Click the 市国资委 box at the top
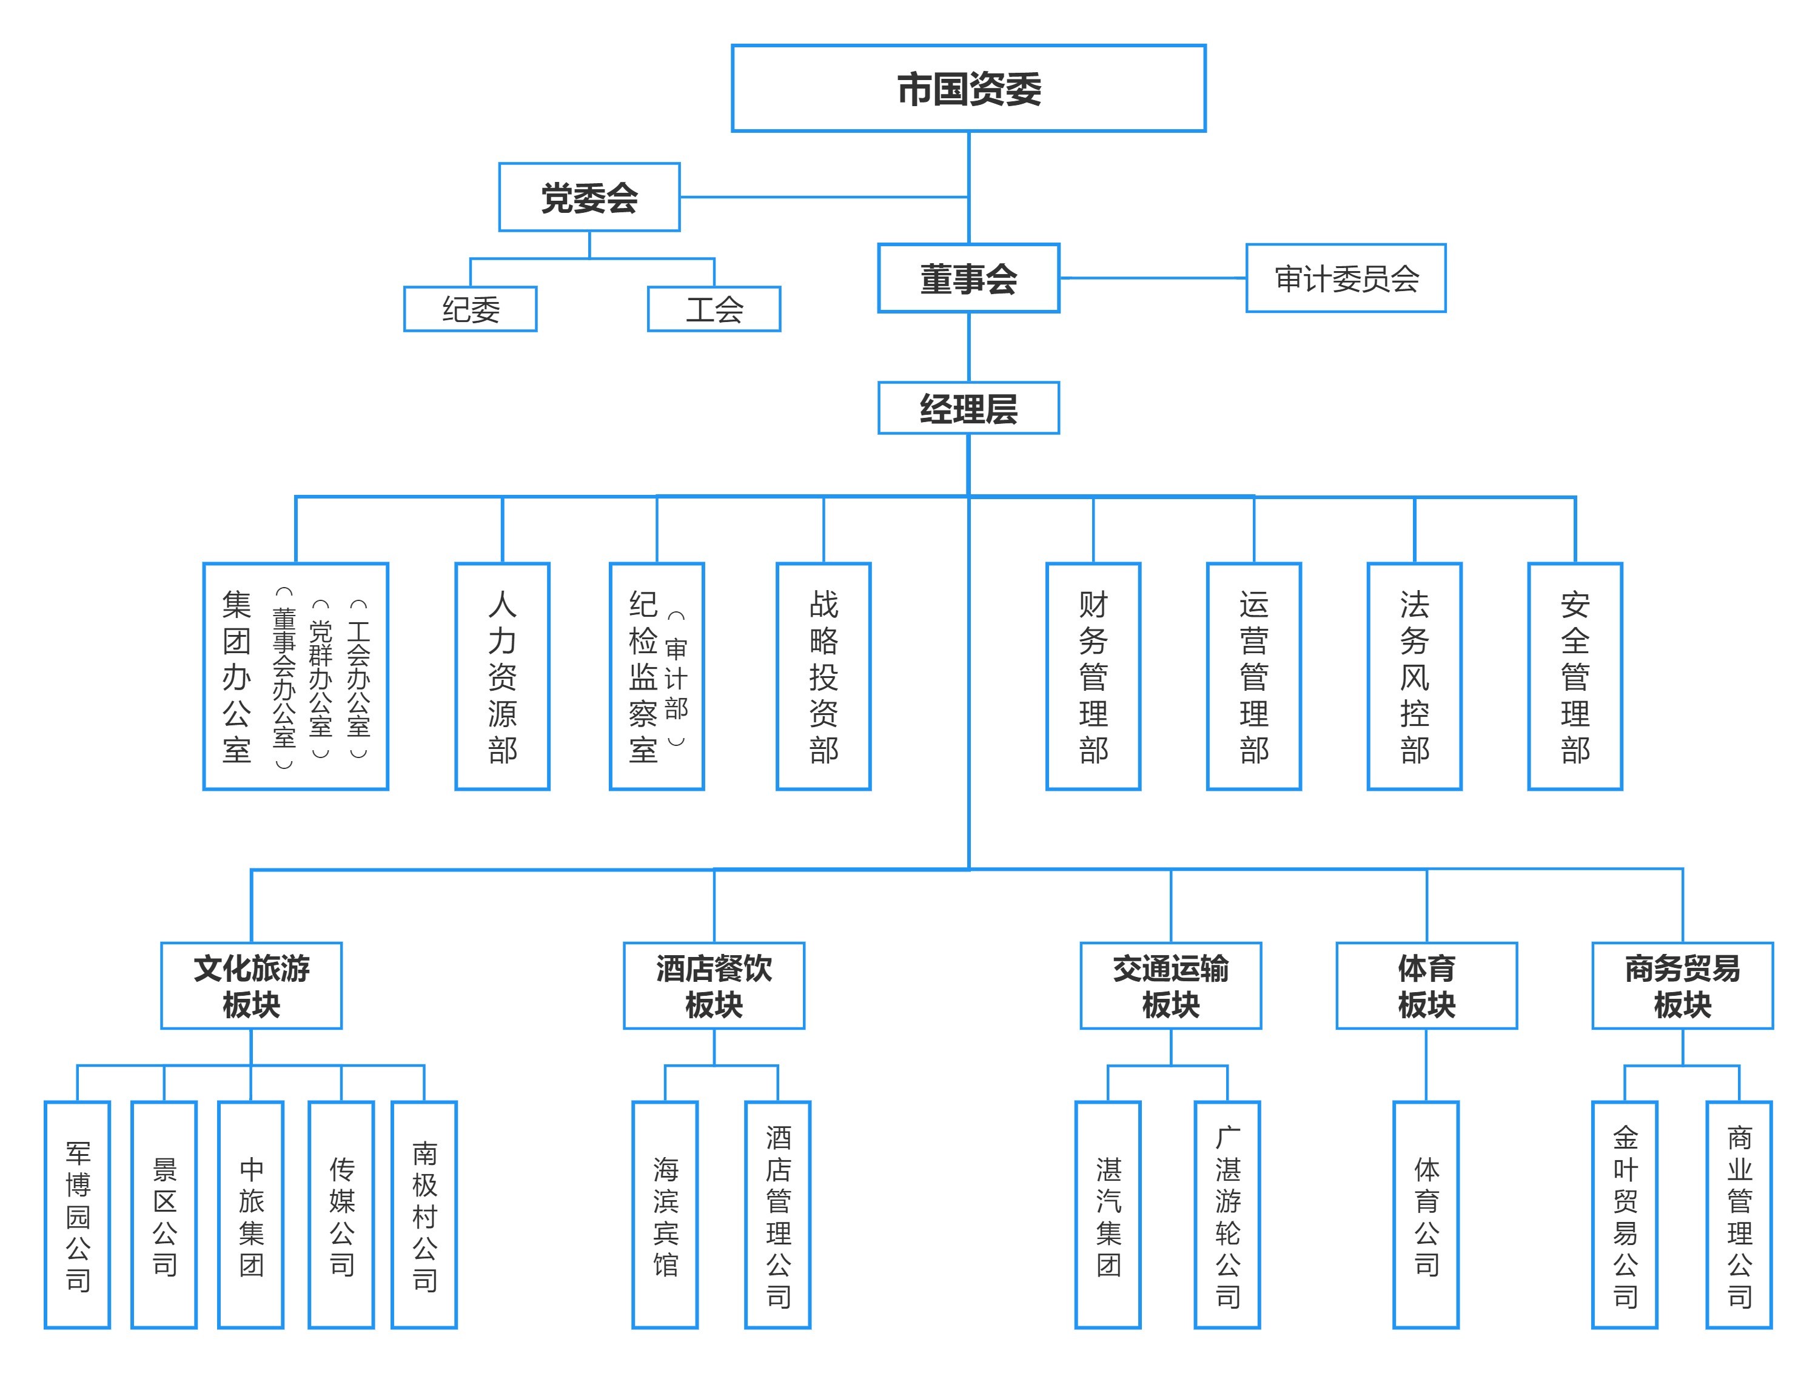point(968,88)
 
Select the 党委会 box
point(589,197)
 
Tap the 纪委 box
point(470,309)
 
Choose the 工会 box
point(713,309)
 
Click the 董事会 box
point(968,278)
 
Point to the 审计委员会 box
point(1346,278)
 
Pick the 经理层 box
point(968,408)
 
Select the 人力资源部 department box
point(502,676)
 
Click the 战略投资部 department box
point(823,676)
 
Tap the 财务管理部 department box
point(1093,676)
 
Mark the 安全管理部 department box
point(1575,676)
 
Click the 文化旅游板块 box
point(252,985)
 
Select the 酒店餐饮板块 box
point(713,985)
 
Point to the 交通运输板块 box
point(1170,985)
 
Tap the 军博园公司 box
point(77,1214)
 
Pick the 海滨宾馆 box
point(665,1214)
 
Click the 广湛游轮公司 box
point(1227,1214)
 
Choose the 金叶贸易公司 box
point(1625,1214)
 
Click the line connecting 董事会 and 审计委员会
point(1152,278)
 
